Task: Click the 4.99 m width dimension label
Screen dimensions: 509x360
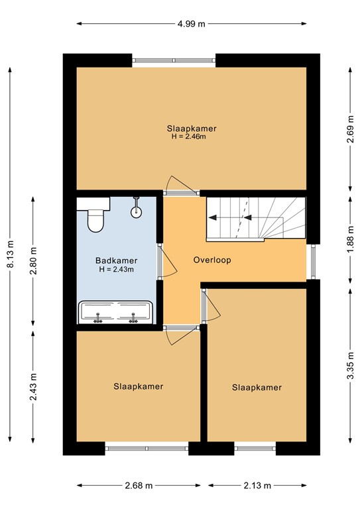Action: (191, 23)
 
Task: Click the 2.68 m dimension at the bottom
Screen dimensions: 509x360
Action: (138, 486)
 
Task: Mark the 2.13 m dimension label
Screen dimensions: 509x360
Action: (257, 486)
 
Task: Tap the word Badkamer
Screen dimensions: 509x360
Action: (116, 260)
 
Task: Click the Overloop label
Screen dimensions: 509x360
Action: (212, 260)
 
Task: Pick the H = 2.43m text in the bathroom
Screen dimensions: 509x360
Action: (116, 270)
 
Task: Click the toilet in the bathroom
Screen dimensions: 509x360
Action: (96, 217)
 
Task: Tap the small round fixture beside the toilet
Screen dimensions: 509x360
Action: (137, 211)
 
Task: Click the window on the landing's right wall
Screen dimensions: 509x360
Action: (311, 260)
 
